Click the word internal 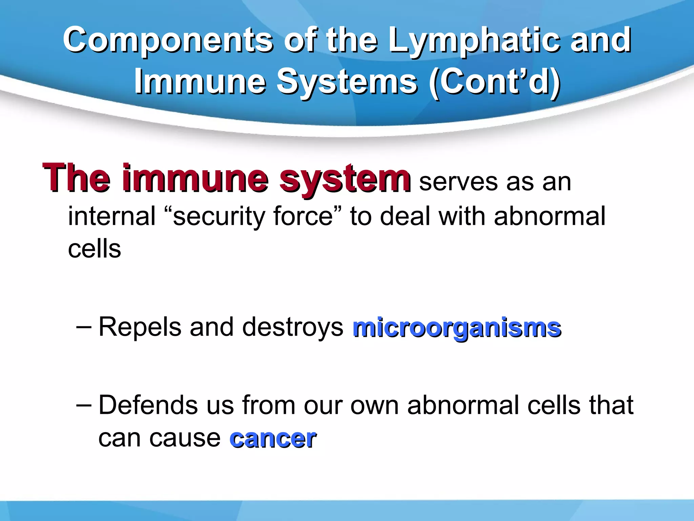pyautogui.click(x=112, y=216)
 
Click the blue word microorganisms pyautogui.click(x=457, y=328)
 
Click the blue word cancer pyautogui.click(x=273, y=439)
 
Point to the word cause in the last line pyautogui.click(x=185, y=439)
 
